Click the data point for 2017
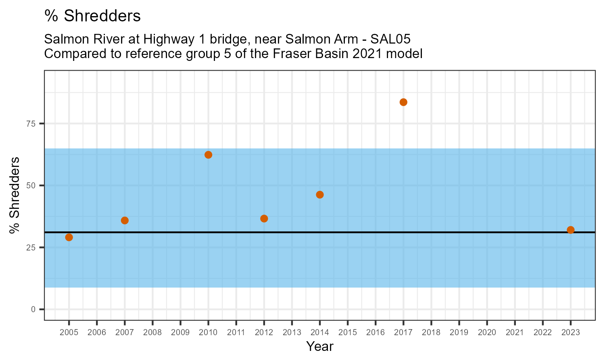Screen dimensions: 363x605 point(403,102)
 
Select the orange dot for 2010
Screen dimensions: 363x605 point(208,155)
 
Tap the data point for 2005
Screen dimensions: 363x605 point(69,237)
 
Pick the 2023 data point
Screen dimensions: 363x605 point(570,230)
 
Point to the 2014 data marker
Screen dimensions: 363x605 point(320,195)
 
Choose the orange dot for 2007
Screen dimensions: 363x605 point(125,220)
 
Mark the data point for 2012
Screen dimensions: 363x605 point(264,219)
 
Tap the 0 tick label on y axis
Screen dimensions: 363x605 point(33,309)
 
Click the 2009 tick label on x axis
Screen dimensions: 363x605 point(180,333)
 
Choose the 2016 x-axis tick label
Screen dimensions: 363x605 point(376,333)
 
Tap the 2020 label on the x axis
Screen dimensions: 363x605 point(487,333)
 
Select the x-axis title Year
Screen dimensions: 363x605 point(320,346)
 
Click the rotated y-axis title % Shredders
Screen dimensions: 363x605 point(15,195)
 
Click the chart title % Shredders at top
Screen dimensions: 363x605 point(92,16)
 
